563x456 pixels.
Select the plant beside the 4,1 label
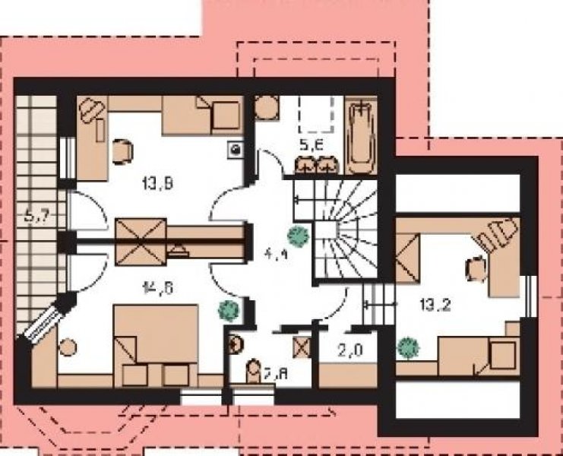pyautogui.click(x=299, y=236)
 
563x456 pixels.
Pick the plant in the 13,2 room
pyautogui.click(x=410, y=347)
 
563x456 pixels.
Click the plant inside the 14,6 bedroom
pyautogui.click(x=227, y=309)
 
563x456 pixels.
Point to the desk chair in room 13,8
pyautogui.click(x=121, y=150)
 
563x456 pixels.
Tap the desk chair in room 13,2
pyautogui.click(x=476, y=268)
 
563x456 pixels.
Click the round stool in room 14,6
pyautogui.click(x=68, y=348)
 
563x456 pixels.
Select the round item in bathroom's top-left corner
pyautogui.click(x=264, y=107)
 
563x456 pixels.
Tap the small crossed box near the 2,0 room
pyautogui.click(x=302, y=348)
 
